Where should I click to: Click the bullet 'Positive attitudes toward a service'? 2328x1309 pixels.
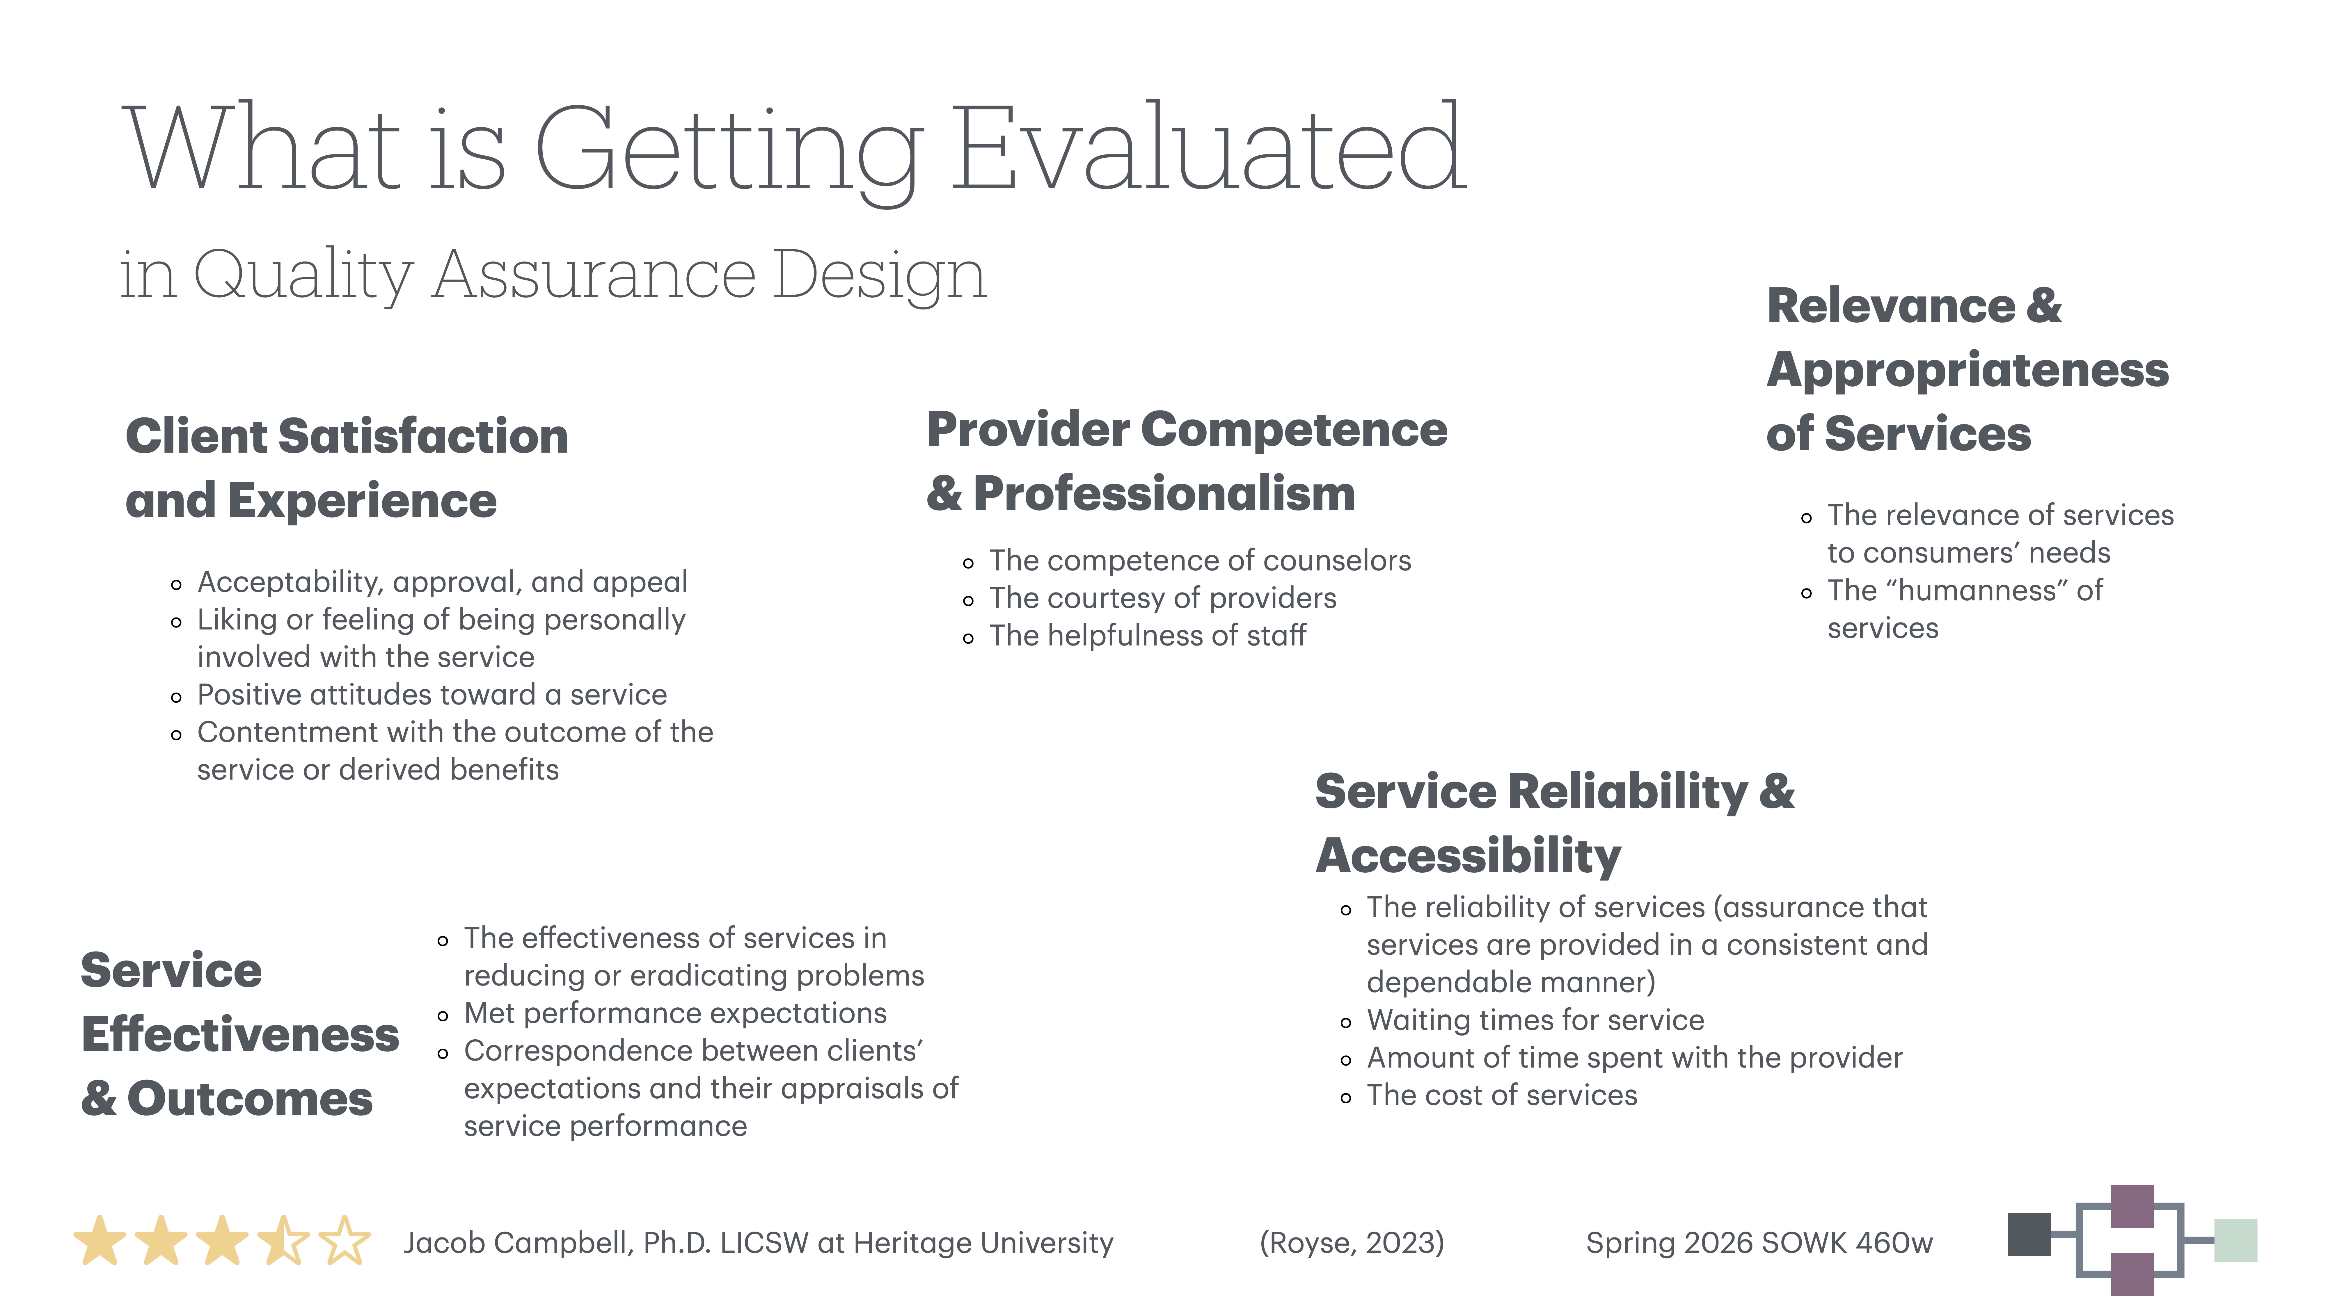432,695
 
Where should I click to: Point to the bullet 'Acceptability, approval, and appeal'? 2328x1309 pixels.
442,582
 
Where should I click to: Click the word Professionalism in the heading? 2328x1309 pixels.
1164,494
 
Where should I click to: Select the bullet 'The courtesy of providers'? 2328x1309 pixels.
1162,598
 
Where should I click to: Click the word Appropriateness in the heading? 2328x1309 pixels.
1967,370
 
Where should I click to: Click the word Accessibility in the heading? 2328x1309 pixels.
1468,856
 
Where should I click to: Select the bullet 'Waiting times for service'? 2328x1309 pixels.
1535,1020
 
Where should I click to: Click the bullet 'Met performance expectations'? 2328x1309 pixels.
675,1013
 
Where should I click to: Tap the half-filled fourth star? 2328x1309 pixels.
283,1241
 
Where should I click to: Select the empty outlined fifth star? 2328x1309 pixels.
344,1241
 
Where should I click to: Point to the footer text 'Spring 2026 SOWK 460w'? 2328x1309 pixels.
1759,1243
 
